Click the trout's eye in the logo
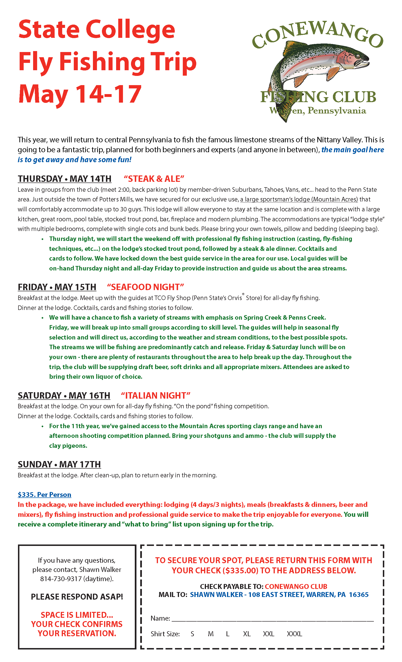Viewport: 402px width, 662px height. (x=358, y=57)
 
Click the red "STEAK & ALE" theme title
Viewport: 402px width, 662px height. (x=154, y=179)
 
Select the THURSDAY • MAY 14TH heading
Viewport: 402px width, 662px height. (x=65, y=179)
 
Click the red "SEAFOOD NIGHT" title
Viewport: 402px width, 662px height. (x=145, y=287)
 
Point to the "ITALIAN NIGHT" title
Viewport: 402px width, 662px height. (x=155, y=396)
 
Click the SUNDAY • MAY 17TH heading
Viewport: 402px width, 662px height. (x=59, y=464)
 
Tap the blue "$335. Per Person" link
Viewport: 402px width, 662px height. (x=44, y=495)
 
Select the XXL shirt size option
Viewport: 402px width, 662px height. (x=268, y=634)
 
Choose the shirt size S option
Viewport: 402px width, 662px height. (x=192, y=634)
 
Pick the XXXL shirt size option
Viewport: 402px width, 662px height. (x=294, y=634)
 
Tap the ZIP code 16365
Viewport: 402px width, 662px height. (x=358, y=595)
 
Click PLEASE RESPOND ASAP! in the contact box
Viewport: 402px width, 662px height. (x=77, y=597)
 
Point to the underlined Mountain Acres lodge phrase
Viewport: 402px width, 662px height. (x=299, y=199)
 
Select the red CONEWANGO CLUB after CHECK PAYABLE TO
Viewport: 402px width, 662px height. (x=296, y=587)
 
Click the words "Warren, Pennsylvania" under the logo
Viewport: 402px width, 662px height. (x=318, y=110)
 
